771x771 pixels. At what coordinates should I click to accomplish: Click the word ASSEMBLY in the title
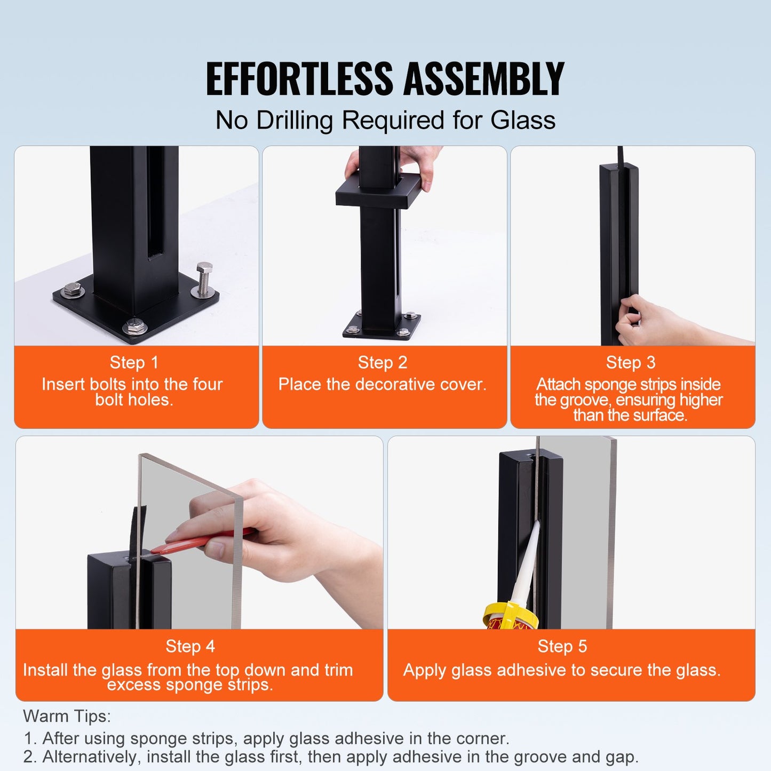point(483,79)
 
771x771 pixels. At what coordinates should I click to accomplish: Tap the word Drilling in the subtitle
point(294,121)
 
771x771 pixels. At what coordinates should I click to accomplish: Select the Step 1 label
point(134,363)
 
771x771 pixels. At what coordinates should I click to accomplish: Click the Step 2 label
point(383,363)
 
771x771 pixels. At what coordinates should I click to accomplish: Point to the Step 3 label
point(631,363)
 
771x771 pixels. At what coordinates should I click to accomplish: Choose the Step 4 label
point(190,647)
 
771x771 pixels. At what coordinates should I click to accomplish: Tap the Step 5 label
point(562,647)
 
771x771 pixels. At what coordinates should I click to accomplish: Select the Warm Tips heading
point(67,716)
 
